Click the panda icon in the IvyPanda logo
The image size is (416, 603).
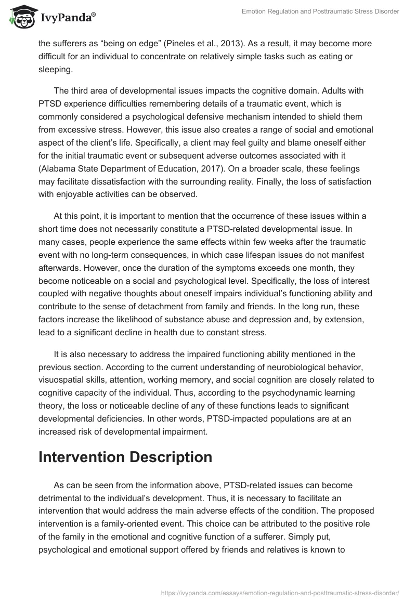pos(21,17)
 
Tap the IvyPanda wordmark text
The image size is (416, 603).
pos(68,19)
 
